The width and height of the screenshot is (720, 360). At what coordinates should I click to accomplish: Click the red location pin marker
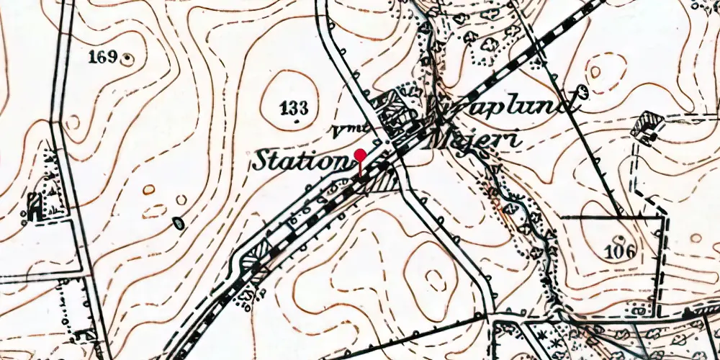(x=360, y=156)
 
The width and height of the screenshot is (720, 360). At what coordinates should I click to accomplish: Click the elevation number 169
(x=103, y=57)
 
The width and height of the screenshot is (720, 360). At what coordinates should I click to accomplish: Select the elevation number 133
(x=294, y=109)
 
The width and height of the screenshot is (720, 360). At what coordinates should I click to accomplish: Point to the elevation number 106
(x=621, y=252)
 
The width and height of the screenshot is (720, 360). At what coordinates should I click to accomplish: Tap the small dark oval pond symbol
(x=178, y=224)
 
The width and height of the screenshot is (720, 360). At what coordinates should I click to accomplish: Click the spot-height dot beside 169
(x=128, y=57)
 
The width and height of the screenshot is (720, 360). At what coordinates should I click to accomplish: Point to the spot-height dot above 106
(x=620, y=238)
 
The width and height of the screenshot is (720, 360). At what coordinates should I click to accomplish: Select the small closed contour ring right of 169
(x=72, y=122)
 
